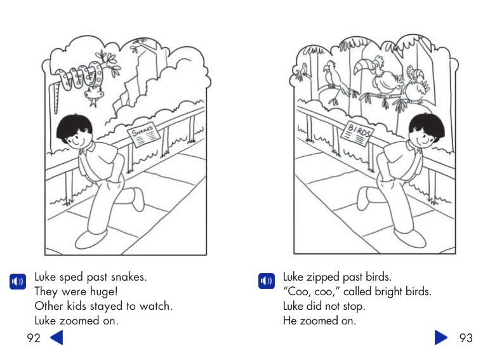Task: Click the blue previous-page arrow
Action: coord(56,337)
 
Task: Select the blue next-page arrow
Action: coord(441,337)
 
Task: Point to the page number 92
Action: coord(34,338)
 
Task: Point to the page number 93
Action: coord(466,338)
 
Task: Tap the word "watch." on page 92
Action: coord(156,307)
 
